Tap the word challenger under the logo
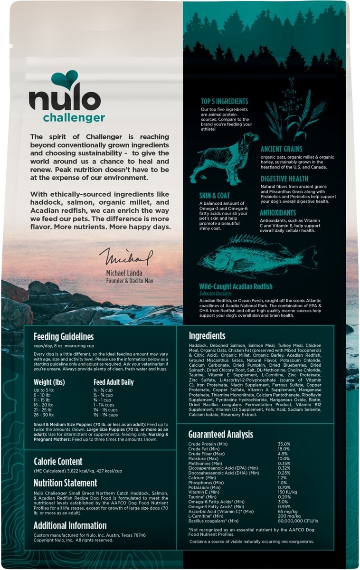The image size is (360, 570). [74, 118]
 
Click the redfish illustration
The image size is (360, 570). [256, 256]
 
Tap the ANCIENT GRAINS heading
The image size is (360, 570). [281, 149]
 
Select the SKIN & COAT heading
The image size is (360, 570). [215, 195]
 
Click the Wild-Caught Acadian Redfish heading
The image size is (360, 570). [236, 286]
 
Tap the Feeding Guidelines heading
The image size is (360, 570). [64, 337]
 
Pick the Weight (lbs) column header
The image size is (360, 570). [49, 382]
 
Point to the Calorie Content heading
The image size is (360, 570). [58, 461]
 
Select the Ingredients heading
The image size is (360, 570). [207, 335]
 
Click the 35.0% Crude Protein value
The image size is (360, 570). [284, 444]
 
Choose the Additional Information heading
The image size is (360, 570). [70, 525]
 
